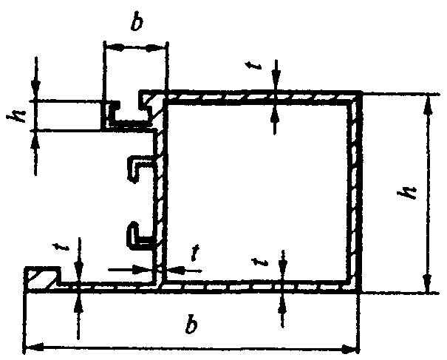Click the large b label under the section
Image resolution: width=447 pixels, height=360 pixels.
coord(192,326)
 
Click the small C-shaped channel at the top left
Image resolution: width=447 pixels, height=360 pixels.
coord(126,113)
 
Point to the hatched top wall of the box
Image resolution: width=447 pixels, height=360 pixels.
coord(259,96)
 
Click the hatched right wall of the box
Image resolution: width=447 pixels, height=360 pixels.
coord(355,192)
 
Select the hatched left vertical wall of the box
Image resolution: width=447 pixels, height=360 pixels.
coord(159,200)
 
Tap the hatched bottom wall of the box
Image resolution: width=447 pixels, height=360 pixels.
coord(259,285)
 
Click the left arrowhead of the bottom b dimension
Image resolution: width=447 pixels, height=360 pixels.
coord(31,346)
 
